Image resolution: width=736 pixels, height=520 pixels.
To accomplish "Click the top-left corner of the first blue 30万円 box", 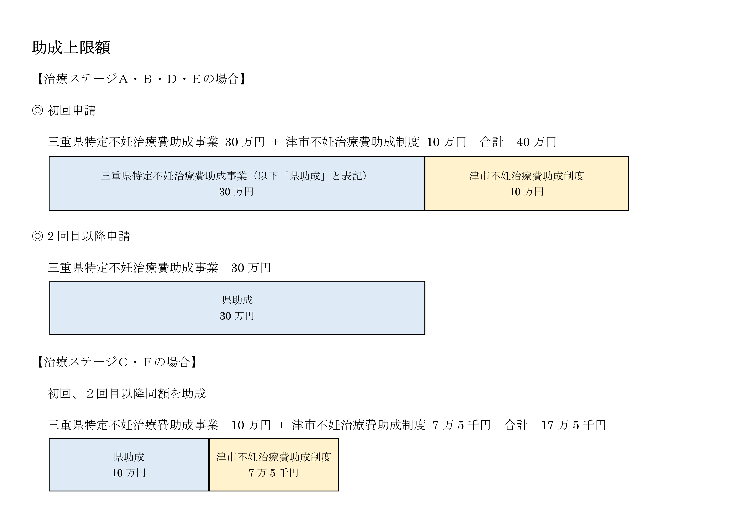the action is [49, 157].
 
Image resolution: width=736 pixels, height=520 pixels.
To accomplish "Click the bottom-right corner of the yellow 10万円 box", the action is [629, 211].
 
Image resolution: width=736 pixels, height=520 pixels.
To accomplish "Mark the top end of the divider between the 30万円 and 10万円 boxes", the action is [425, 157].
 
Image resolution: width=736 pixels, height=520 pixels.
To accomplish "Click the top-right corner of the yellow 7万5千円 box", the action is [338, 439].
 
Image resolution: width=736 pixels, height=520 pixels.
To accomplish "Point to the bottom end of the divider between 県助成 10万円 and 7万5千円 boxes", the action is [209, 491].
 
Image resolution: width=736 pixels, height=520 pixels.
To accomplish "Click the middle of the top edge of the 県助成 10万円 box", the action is [129, 439].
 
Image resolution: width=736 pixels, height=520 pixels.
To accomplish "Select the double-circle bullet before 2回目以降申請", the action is [38, 236].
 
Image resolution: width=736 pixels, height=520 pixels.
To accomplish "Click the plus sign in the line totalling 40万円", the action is [275, 142].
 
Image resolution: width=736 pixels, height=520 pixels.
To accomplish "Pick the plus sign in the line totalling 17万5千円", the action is [281, 425].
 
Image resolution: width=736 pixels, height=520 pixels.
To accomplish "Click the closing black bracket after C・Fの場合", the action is [194, 362].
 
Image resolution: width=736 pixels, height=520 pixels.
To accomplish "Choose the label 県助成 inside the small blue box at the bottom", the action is [129, 457].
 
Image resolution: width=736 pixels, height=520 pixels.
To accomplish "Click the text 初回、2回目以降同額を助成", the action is [127, 394].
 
